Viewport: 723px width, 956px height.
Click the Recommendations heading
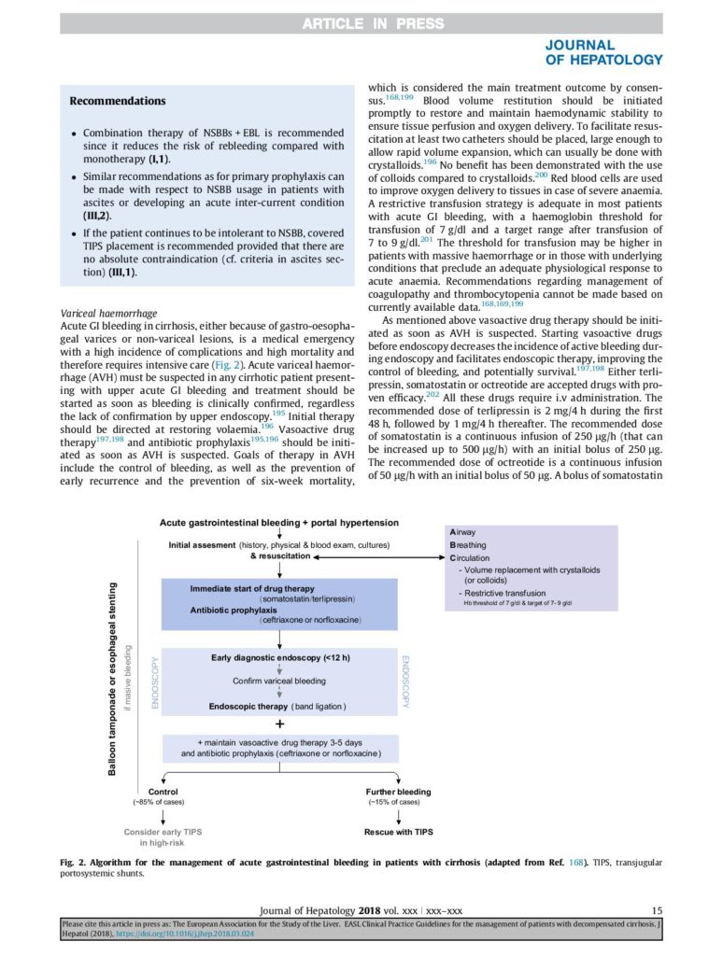coord(118,101)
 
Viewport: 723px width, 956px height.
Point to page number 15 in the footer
coord(657,910)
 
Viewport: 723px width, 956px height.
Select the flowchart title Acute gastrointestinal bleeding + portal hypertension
coord(279,523)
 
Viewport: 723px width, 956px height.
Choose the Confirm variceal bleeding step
coord(279,682)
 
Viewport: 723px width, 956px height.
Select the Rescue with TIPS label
coord(398,831)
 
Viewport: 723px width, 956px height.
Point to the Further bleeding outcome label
coord(399,792)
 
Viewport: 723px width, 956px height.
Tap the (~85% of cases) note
coord(159,802)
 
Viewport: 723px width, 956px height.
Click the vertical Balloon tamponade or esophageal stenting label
coord(112,680)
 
